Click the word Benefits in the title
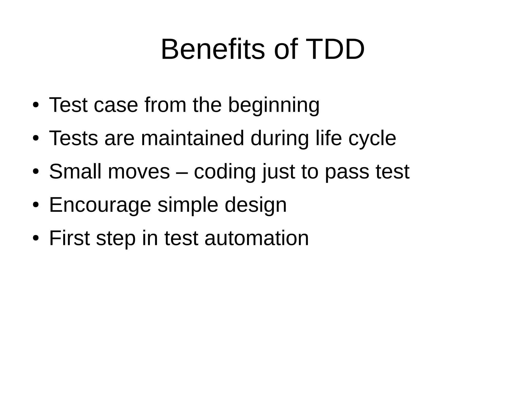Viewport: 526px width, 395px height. pyautogui.click(x=212, y=49)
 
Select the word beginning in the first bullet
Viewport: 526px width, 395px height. pyautogui.click(x=274, y=106)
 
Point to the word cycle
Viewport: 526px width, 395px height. pyautogui.click(x=372, y=139)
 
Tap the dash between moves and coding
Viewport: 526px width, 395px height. pyautogui.click(x=182, y=172)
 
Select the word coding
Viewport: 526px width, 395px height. pyautogui.click(x=225, y=172)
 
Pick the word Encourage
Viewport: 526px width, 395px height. pyautogui.click(x=100, y=205)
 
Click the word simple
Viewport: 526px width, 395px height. pyautogui.click(x=188, y=205)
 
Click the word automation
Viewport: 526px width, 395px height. pyautogui.click(x=257, y=239)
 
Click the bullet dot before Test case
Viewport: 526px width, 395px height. pyautogui.click(x=36, y=105)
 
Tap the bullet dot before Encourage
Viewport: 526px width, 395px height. pyautogui.click(x=36, y=205)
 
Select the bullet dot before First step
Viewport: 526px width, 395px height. pyautogui.click(x=36, y=238)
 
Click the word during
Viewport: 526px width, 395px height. pyautogui.click(x=279, y=139)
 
